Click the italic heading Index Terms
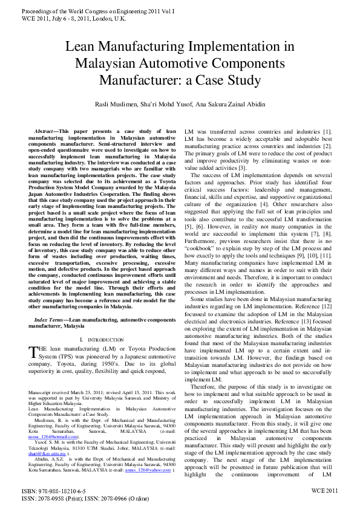(50, 319)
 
